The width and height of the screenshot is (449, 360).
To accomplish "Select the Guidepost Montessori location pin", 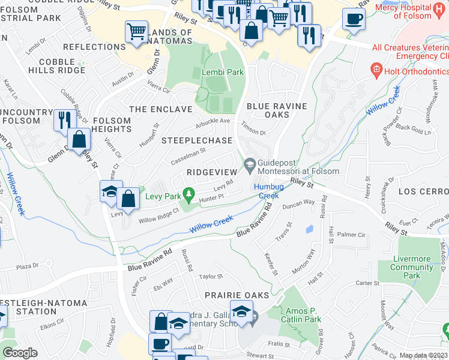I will tap(250, 163).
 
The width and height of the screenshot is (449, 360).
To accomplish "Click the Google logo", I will tap(20, 353).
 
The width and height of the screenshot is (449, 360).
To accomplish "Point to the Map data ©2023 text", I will tap(423, 355).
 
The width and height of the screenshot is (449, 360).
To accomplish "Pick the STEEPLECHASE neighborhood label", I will tap(197, 140).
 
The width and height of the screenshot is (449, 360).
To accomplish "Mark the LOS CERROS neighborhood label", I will tap(423, 191).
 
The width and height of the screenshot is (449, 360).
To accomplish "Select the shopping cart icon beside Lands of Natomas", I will tap(137, 31).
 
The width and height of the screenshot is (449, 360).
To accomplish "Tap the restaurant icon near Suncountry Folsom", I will tap(62, 119).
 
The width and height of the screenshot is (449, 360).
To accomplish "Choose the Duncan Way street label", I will tap(299, 203).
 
